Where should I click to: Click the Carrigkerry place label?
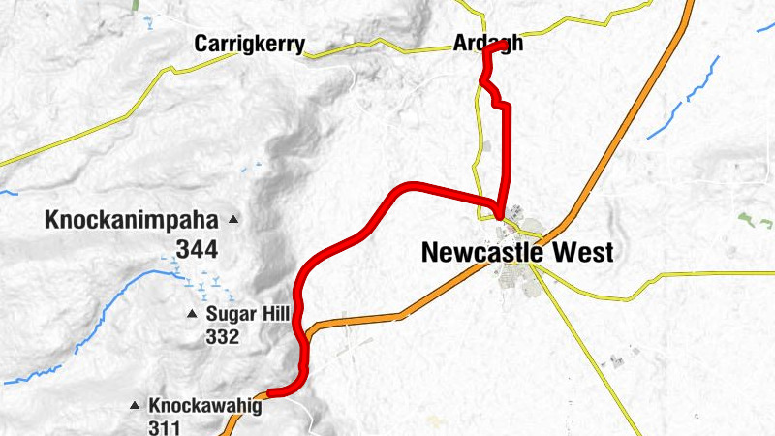[x=250, y=44]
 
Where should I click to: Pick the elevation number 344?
[x=196, y=249]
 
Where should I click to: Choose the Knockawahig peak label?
[x=204, y=406]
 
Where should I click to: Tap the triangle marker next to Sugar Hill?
[x=192, y=314]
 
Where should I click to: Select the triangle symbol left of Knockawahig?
[x=135, y=406]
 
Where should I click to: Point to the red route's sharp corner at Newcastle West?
[x=500, y=215]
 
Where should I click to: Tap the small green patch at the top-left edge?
[x=138, y=5]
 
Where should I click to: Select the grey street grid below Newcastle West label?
[x=513, y=282]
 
